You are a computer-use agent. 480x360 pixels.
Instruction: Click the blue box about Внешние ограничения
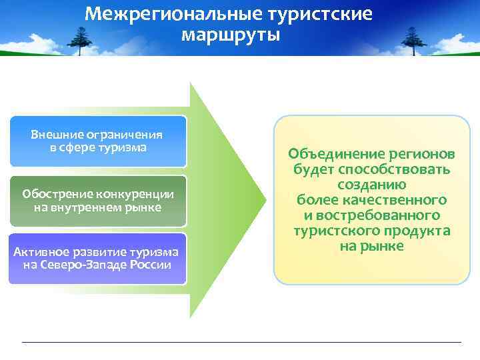point(97,141)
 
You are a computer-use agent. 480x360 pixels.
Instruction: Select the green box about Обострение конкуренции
point(97,201)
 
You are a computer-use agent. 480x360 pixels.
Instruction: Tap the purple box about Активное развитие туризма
point(97,258)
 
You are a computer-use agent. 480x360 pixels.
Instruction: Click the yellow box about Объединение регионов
point(371,200)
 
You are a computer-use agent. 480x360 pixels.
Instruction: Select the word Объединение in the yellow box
point(329,154)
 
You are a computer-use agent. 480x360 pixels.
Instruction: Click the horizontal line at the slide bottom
point(240,342)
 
